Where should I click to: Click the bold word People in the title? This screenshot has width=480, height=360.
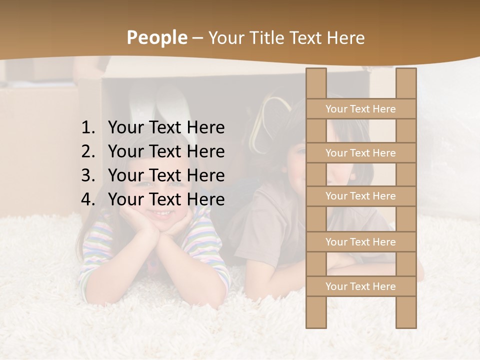pos(156,37)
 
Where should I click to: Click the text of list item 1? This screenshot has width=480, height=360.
pos(166,127)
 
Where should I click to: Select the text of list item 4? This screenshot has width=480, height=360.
pos(166,199)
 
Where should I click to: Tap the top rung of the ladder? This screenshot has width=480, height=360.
pos(360,109)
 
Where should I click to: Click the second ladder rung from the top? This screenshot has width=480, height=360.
pos(360,153)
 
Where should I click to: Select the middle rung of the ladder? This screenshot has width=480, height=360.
pos(360,196)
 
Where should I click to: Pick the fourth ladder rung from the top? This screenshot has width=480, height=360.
pos(360,242)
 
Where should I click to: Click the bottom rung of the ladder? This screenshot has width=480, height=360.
pos(360,286)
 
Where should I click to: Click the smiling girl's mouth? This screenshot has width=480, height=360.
pos(161,213)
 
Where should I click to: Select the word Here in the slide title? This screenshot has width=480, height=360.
pos(345,37)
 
